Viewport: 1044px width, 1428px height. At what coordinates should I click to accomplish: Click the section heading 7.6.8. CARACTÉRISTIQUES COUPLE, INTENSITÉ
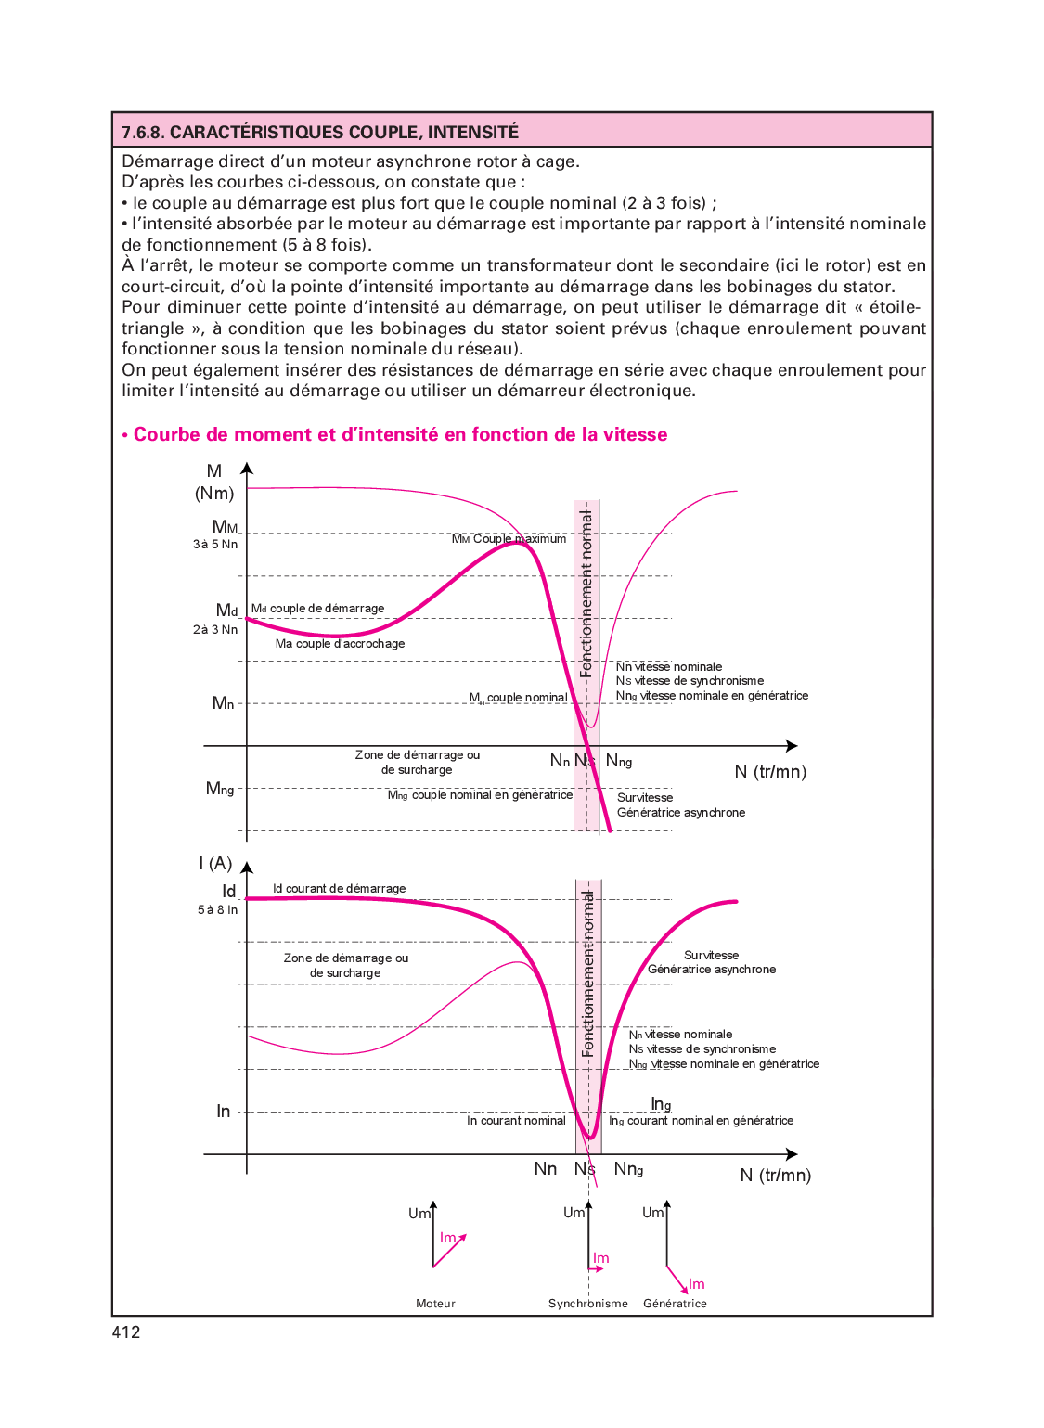[320, 132]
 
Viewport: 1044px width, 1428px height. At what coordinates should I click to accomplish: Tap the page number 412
[126, 1332]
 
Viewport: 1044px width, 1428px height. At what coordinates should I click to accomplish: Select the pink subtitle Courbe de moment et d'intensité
[400, 435]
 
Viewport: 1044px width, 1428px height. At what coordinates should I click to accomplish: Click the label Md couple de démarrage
[318, 609]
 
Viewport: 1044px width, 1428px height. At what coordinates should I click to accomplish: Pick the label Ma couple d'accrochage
[340, 644]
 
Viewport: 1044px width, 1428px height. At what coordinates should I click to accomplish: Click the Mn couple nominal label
[519, 698]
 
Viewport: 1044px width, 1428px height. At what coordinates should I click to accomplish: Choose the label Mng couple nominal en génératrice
[480, 795]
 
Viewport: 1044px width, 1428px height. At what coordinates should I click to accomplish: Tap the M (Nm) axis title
[214, 482]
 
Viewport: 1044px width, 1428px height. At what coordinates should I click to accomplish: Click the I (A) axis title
[215, 864]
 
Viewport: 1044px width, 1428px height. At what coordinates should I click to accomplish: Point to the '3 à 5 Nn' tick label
[215, 545]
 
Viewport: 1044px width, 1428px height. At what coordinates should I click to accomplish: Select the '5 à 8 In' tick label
[217, 910]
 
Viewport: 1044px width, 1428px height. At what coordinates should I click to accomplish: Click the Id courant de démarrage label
[340, 889]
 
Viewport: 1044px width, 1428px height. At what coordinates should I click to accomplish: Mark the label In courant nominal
[516, 1121]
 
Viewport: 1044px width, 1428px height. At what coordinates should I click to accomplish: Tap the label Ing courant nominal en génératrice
[702, 1121]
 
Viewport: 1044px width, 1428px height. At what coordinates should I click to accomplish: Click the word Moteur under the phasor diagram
[436, 1304]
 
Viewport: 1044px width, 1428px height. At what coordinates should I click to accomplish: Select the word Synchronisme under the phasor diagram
[588, 1304]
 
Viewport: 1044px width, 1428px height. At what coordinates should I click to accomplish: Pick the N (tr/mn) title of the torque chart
[770, 772]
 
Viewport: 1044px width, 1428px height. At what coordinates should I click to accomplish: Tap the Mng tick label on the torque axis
[220, 789]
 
